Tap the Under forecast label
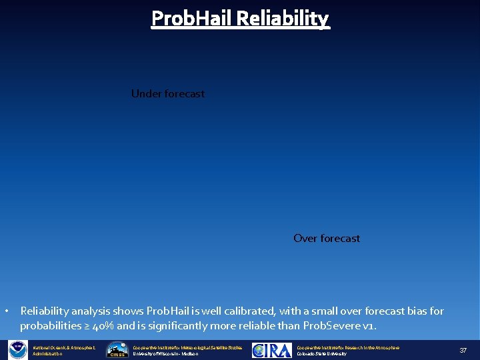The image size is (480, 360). [168, 94]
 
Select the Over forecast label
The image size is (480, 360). [327, 239]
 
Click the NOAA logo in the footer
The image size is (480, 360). [17, 350]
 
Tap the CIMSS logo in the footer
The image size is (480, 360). [118, 350]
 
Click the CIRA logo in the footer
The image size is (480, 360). [271, 350]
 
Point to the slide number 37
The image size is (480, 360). [463, 351]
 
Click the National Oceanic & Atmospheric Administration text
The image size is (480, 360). [64, 350]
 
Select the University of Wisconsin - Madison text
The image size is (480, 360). [166, 354]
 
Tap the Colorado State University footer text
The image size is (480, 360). [321, 354]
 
